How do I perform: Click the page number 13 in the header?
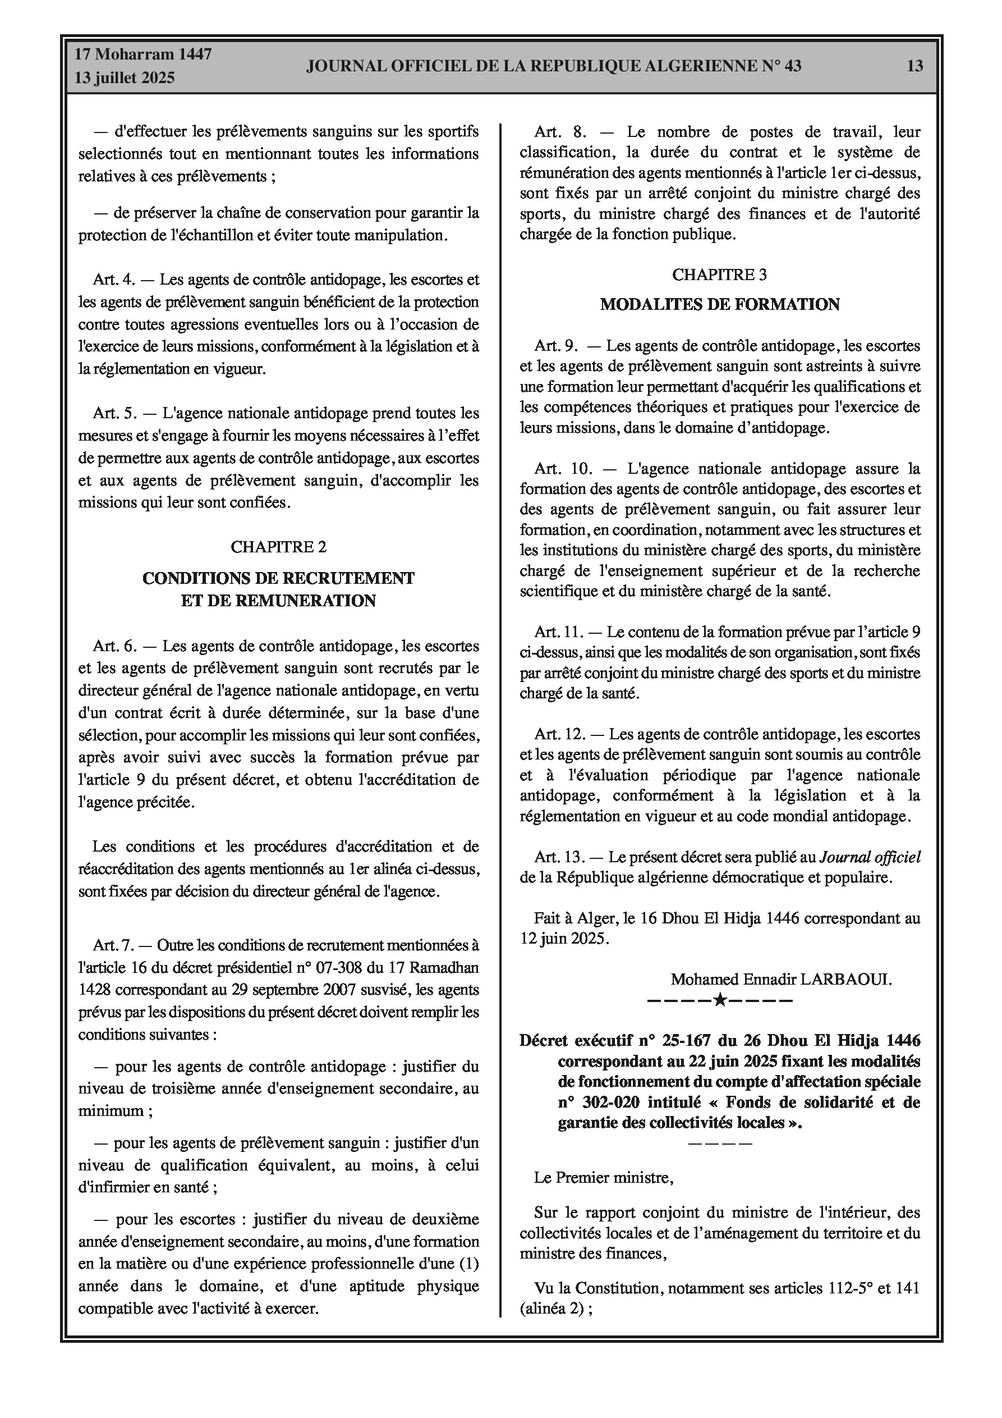point(915,66)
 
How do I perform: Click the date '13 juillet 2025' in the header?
point(125,78)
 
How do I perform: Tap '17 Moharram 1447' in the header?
point(143,54)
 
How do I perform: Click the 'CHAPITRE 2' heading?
point(278,547)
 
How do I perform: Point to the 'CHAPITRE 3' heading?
point(719,275)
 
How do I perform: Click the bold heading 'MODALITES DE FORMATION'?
point(719,304)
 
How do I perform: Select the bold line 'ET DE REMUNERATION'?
point(278,600)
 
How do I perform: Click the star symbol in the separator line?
point(719,1000)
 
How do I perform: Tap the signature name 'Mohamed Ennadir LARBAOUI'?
point(780,979)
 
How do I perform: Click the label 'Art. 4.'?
point(113,280)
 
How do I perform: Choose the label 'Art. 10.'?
point(563,469)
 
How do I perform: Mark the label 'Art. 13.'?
point(559,857)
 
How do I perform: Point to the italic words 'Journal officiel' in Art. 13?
point(869,857)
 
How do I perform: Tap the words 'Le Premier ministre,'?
point(603,1178)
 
